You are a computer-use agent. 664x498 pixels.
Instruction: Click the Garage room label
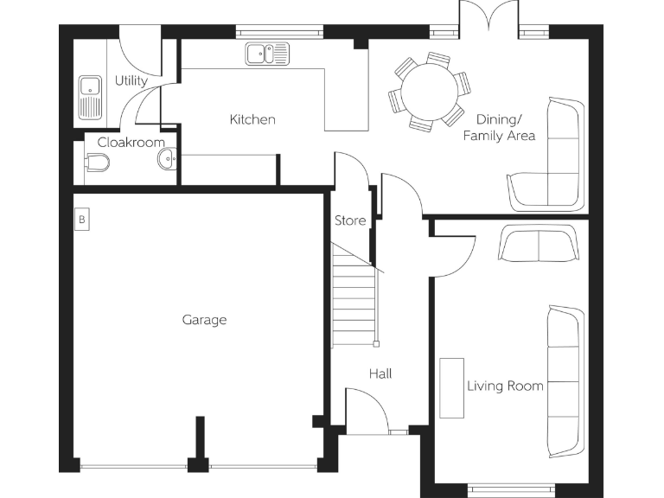click(x=204, y=320)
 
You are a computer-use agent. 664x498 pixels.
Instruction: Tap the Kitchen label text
click(x=252, y=119)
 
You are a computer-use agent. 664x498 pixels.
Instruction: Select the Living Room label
click(x=505, y=386)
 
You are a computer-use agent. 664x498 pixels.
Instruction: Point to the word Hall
click(x=380, y=373)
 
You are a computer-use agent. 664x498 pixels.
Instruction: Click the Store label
click(x=350, y=220)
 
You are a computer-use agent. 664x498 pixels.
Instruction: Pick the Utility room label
click(x=131, y=80)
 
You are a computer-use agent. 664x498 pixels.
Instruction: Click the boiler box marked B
click(x=82, y=220)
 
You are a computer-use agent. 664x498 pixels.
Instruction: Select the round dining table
click(x=429, y=92)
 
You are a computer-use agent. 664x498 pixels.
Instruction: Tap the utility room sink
click(x=90, y=97)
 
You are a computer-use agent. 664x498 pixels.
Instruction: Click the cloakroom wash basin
click(x=168, y=160)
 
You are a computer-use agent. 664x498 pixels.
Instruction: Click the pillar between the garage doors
click(x=200, y=445)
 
